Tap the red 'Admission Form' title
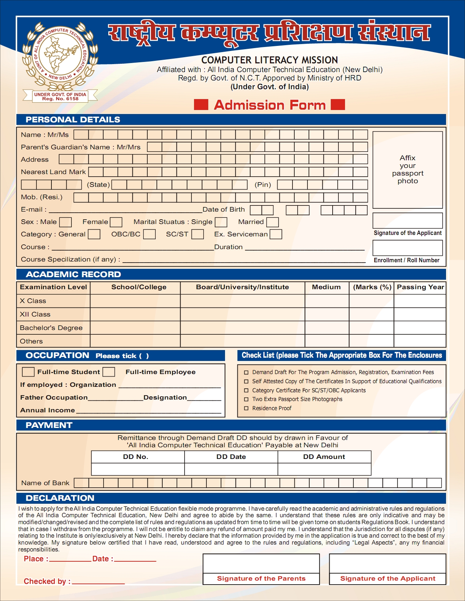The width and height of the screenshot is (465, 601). point(270,105)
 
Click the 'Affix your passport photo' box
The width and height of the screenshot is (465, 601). point(407,170)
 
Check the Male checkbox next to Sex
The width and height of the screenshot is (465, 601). point(65,222)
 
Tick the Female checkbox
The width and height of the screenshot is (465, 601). point(116,222)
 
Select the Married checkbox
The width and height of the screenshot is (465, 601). point(272,222)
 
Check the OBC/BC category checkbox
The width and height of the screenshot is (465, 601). point(149,234)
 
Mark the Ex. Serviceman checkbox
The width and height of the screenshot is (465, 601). point(276,234)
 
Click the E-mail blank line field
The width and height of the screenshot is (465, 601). point(125,210)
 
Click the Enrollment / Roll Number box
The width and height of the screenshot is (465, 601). point(407,248)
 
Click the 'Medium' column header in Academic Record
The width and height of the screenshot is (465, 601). point(326,287)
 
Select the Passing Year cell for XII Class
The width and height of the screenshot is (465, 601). point(420,314)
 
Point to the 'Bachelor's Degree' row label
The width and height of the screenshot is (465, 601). point(51,328)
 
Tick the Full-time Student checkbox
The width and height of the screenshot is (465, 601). point(28,372)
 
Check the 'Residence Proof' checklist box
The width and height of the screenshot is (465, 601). point(246,408)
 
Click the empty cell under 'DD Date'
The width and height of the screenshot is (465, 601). point(231,469)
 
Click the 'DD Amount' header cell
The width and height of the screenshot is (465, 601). point(324,457)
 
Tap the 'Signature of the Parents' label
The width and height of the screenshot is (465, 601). point(261,578)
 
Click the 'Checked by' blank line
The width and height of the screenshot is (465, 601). point(98,582)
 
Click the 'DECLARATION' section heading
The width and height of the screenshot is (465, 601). point(60,498)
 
